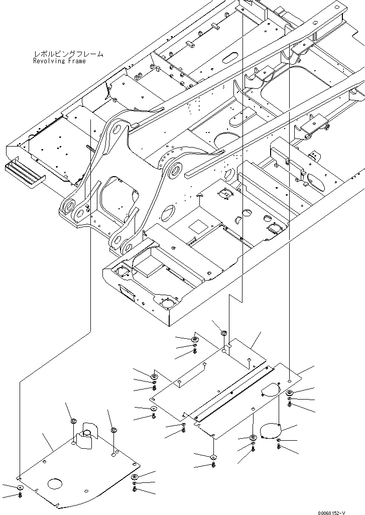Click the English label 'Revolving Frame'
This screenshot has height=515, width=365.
(59, 61)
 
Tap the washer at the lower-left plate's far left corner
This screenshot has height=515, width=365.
(20, 488)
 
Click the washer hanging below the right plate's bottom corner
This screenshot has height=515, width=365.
(213, 457)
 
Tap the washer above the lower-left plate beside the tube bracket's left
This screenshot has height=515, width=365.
(73, 421)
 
